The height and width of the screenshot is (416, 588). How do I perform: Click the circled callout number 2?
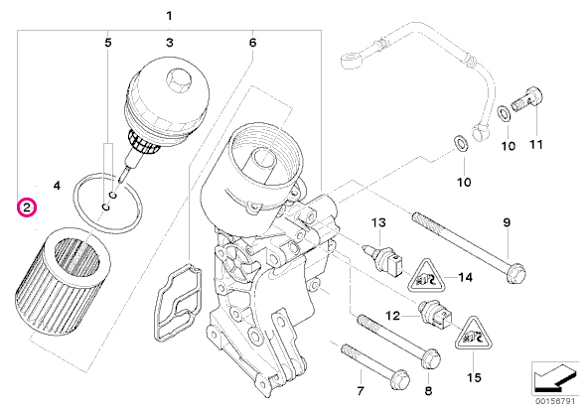(27, 208)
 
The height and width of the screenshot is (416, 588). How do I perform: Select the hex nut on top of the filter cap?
(178, 79)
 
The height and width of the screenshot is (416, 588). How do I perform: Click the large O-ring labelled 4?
(107, 203)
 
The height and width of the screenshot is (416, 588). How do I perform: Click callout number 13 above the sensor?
(378, 222)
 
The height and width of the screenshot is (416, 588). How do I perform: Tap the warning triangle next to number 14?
(426, 276)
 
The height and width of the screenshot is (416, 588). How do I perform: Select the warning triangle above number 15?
(474, 334)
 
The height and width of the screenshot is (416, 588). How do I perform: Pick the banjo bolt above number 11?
(528, 98)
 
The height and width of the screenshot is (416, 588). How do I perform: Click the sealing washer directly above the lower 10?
(461, 144)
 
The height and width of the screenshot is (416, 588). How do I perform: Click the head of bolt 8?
(431, 357)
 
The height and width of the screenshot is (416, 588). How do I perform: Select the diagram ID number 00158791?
(555, 401)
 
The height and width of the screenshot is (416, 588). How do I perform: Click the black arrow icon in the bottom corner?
(553, 378)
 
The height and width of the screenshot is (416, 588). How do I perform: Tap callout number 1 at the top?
(170, 16)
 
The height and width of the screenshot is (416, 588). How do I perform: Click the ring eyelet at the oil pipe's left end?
(352, 60)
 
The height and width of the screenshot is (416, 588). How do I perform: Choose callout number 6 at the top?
(252, 43)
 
